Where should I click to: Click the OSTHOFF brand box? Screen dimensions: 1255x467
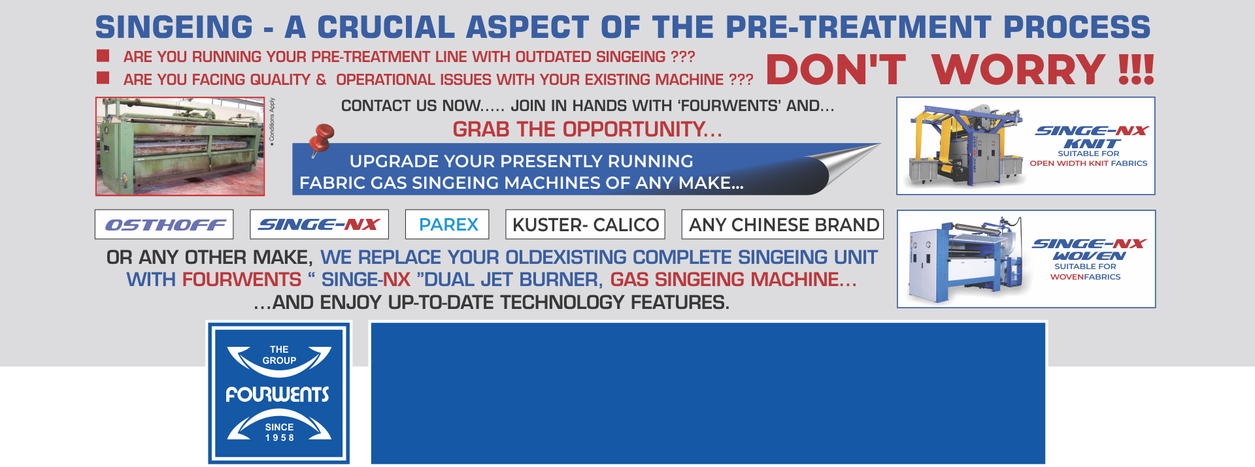coord(164,225)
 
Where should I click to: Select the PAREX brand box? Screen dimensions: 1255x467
coord(447,225)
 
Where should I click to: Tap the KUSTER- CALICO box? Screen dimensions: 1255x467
coord(586,225)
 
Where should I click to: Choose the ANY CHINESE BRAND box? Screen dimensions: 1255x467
coord(783,225)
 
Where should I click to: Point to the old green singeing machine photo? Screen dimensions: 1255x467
coord(180,146)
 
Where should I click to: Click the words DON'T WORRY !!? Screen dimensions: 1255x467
coord(960,70)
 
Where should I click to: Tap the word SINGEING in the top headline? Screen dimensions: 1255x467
coord(174,27)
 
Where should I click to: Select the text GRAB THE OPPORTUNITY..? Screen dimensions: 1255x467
coord(587,129)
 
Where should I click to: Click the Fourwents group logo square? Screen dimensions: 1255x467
coord(279,393)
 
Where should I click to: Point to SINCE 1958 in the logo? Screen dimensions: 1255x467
coord(279,432)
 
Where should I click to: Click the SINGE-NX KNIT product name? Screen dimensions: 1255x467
coord(1092,137)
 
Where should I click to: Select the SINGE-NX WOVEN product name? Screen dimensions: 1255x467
coord(1089,250)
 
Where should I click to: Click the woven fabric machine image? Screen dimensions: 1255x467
coord(966,259)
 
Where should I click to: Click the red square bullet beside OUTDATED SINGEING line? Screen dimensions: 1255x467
coord(103,56)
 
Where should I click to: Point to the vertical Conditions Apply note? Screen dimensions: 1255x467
coord(272,121)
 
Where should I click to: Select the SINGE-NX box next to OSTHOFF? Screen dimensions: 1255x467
coord(319,225)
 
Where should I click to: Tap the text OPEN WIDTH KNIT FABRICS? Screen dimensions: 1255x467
coord(1088,163)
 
